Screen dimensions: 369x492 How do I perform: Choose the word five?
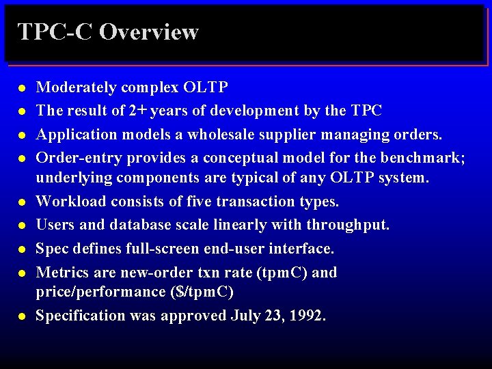tap(198, 202)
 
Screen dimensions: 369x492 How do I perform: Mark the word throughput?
tap(348, 224)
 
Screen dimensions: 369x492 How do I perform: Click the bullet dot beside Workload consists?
tap(22, 203)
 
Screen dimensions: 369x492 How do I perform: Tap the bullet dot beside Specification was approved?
tap(22, 317)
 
